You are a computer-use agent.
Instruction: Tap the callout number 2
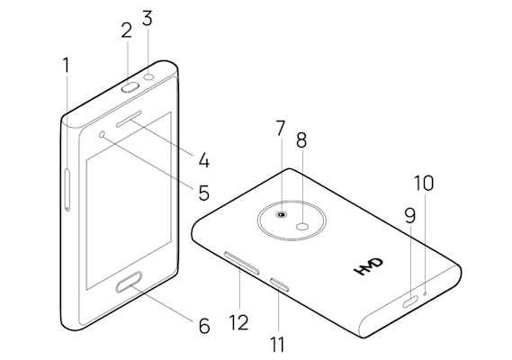click(126, 30)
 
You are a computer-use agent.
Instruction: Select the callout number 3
click(148, 17)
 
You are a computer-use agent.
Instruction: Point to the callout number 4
click(204, 161)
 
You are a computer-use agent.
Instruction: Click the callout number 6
click(203, 325)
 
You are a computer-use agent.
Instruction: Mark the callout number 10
click(424, 183)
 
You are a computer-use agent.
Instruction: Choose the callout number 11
click(277, 344)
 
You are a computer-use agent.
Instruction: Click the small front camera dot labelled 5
click(103, 134)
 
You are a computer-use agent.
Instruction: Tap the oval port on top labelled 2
click(130, 87)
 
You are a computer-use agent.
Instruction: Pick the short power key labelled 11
click(280, 285)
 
